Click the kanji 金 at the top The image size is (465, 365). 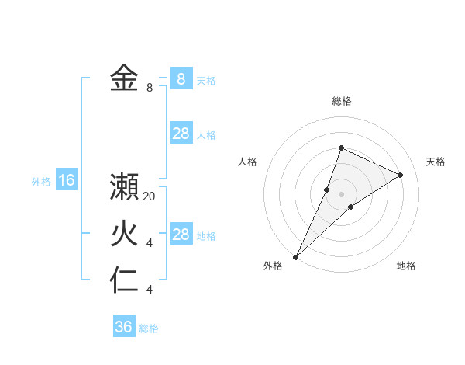(x=124, y=78)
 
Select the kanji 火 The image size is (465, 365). (x=124, y=234)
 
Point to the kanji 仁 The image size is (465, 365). (x=124, y=280)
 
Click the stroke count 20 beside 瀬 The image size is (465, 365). (x=150, y=196)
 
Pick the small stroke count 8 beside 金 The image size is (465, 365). (x=150, y=88)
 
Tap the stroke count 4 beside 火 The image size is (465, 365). (x=150, y=243)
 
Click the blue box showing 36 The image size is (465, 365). (x=124, y=327)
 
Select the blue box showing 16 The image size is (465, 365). (x=67, y=181)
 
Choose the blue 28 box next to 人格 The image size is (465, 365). (x=181, y=134)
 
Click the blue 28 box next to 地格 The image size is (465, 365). (x=181, y=235)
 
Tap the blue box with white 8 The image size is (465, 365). (x=181, y=78)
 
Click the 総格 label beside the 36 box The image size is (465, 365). (x=149, y=328)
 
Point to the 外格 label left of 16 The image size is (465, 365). (x=41, y=182)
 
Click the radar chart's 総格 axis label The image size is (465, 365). (x=341, y=101)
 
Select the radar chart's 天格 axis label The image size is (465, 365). (x=436, y=162)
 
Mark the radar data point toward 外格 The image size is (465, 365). (x=295, y=256)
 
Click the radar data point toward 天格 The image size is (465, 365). (x=401, y=175)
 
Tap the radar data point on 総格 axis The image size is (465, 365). (x=341, y=148)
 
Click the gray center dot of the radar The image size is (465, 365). (x=341, y=194)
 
